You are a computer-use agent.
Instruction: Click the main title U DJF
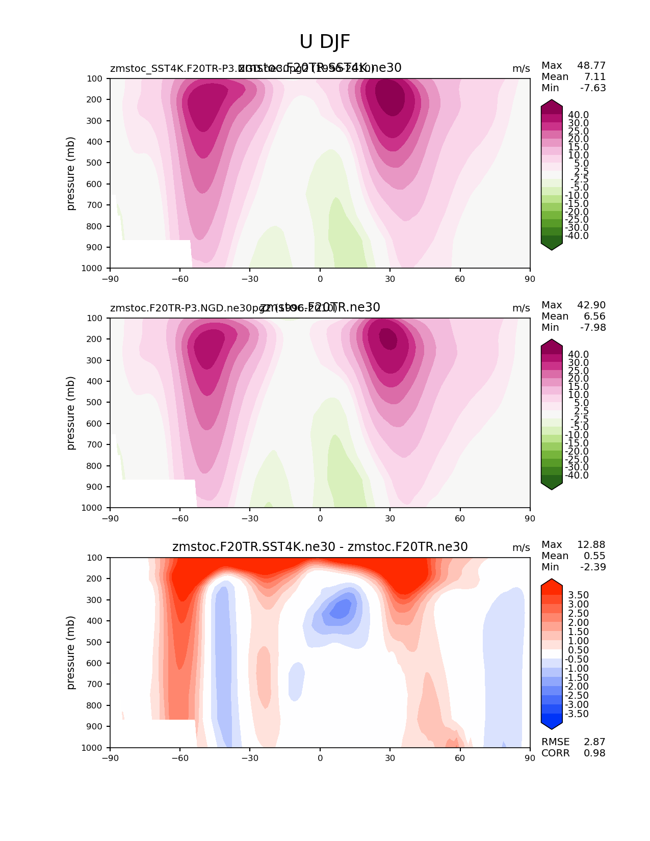pos(325,42)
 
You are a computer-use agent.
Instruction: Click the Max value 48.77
pos(591,66)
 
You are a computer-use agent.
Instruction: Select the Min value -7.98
pos(593,328)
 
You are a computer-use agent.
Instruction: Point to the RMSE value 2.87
pos(594,742)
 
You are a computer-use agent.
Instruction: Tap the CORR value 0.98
pos(594,753)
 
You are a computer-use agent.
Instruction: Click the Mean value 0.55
pos(595,556)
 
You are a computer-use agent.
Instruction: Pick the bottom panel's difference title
pos(320,547)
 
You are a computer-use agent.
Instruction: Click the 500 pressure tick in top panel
pos(95,163)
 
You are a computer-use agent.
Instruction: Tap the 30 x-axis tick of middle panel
pos(390,519)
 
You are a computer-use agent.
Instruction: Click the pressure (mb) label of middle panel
pos(71,413)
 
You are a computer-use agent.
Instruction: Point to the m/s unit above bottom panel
pos(521,548)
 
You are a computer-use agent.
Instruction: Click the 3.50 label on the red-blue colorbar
pos(578,595)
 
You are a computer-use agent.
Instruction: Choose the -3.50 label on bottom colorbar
pos(577,714)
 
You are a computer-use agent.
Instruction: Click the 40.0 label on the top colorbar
pos(578,115)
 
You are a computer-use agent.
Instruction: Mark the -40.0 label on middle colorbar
pos(577,476)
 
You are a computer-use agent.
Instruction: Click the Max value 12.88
pos(591,545)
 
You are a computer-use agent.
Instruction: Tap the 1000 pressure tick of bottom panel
pos(92,748)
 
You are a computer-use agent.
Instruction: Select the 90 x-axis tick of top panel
pos(530,279)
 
